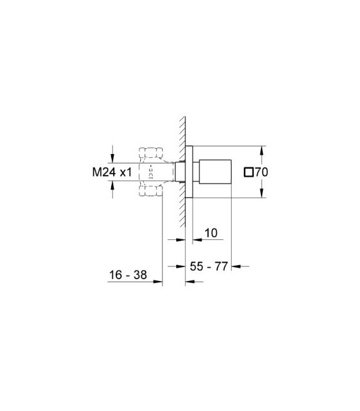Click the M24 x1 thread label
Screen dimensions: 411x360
(112, 171)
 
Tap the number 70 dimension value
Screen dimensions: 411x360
(263, 171)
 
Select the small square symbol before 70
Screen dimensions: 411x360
(249, 171)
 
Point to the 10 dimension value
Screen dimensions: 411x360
(211, 233)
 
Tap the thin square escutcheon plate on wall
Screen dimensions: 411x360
(188, 171)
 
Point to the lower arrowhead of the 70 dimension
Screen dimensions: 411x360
(262, 193)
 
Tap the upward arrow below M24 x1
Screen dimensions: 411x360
(112, 185)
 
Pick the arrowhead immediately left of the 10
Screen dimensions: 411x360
(196, 240)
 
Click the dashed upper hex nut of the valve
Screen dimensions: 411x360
(150, 152)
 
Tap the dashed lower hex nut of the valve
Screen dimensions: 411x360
(150, 191)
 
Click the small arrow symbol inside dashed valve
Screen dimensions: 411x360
(150, 171)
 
